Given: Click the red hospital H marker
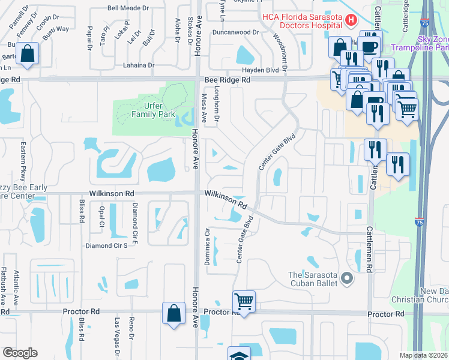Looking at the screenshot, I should point(351,20).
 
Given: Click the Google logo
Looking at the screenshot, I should point(19,353).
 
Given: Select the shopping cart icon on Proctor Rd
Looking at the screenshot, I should point(244,301).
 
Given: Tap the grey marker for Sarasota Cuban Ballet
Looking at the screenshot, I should point(346,278).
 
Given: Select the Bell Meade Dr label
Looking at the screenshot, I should point(127,8).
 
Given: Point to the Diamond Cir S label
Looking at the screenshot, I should point(107,245).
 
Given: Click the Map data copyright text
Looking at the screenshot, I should point(423,355).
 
